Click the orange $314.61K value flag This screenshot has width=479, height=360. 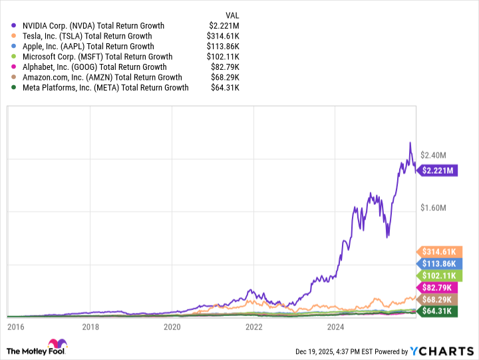[438, 252]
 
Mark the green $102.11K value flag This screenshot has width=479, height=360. [438, 275]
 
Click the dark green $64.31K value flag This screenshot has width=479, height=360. [438, 311]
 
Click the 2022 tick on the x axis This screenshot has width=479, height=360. [253, 327]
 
